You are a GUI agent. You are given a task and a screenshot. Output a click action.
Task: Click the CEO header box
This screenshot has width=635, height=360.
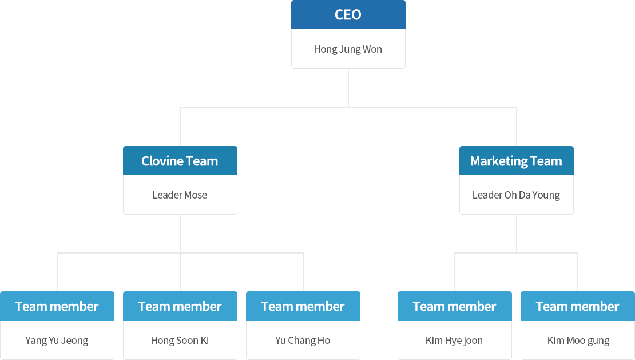pyautogui.click(x=348, y=14)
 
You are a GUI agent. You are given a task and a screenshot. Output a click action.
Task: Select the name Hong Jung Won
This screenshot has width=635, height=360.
pyautogui.click(x=348, y=49)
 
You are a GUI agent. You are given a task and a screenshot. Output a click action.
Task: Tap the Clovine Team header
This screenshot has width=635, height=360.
pyautogui.click(x=180, y=161)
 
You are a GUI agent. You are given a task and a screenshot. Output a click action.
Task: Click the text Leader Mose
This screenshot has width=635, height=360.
pyautogui.click(x=180, y=195)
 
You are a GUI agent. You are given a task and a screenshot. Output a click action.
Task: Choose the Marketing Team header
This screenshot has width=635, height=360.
pyautogui.click(x=517, y=161)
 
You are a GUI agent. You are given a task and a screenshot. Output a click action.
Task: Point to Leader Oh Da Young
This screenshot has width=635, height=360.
pyautogui.click(x=517, y=195)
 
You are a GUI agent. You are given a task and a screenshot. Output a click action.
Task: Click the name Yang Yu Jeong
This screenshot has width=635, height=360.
pyautogui.click(x=57, y=341)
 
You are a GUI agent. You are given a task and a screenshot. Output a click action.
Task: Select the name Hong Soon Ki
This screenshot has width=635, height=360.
pyautogui.click(x=180, y=341)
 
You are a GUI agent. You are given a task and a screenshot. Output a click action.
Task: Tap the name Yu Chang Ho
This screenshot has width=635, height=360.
pyautogui.click(x=303, y=341)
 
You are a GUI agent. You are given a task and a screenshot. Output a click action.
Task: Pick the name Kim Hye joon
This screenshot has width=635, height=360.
pyautogui.click(x=454, y=341)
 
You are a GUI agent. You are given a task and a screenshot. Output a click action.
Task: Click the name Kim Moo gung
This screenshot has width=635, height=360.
pyautogui.click(x=578, y=341)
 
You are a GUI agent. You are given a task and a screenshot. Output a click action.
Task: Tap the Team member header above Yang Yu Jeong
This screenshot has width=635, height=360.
pyautogui.click(x=57, y=306)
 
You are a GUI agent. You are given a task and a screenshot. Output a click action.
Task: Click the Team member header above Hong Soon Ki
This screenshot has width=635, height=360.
pyautogui.click(x=180, y=306)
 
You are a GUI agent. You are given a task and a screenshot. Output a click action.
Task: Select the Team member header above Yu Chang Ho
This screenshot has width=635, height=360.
pyautogui.click(x=303, y=306)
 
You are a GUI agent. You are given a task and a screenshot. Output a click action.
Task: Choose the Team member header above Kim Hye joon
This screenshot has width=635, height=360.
pyautogui.click(x=455, y=306)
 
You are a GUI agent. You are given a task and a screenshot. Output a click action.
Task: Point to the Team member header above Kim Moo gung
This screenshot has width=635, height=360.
pyautogui.click(x=578, y=306)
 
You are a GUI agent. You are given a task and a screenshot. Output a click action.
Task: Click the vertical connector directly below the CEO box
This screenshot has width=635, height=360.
pyautogui.click(x=348, y=88)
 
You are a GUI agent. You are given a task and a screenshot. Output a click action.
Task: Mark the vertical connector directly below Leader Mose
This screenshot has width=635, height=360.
pyautogui.click(x=180, y=234)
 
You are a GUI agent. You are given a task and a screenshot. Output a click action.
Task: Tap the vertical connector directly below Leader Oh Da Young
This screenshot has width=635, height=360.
pyautogui.click(x=517, y=234)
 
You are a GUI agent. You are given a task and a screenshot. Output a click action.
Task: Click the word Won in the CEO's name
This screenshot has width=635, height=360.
pyautogui.click(x=372, y=49)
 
